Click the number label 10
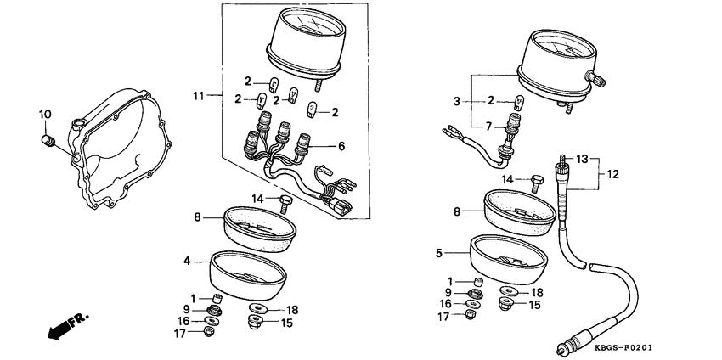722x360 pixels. pos(46,114)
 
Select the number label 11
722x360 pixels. pos(200,96)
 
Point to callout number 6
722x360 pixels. pos(342,146)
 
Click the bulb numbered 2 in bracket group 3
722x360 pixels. pos(520,101)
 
